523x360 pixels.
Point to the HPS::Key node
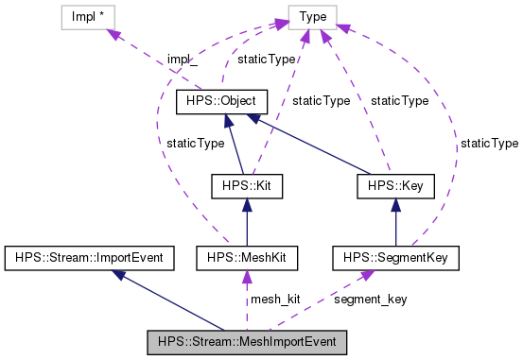point(394,187)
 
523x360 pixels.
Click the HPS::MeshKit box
point(246,256)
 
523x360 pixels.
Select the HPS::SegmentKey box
point(394,256)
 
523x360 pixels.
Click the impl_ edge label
point(182,59)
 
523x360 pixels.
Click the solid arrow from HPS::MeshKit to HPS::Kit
point(246,222)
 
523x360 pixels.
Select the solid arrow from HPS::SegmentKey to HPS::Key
point(394,222)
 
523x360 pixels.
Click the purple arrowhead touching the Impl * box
point(114,33)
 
